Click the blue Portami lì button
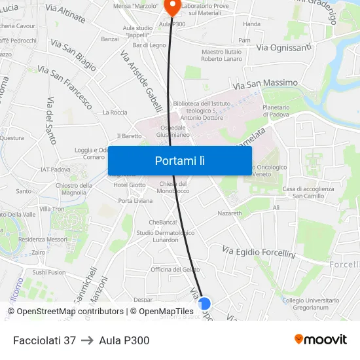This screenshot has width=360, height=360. (179, 160)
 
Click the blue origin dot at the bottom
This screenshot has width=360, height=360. (204, 303)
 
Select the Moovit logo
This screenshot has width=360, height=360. (321, 340)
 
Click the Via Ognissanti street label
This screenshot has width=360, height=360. (283, 48)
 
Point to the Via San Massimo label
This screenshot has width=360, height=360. (264, 84)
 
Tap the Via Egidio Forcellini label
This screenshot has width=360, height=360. (259, 252)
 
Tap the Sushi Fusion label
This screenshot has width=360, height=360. (49, 272)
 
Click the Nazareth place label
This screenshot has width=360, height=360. (230, 213)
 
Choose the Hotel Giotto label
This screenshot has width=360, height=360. (130, 185)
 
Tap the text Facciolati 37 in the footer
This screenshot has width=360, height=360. (45, 340)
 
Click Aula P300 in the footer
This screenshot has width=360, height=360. (124, 340)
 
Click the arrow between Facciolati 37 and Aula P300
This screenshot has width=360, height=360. (88, 340)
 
